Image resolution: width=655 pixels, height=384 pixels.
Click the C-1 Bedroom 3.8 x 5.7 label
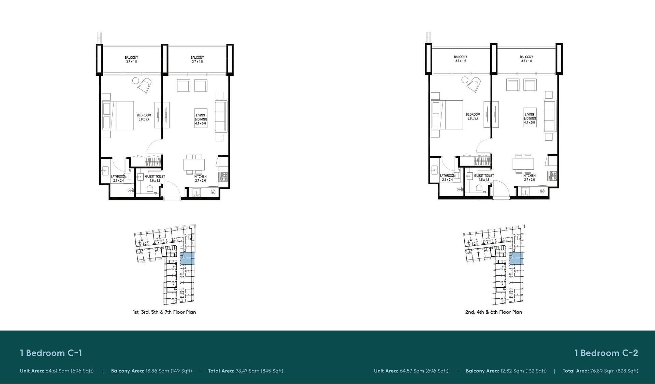[x=144, y=117]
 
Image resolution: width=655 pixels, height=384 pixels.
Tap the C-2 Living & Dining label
[x=529, y=118]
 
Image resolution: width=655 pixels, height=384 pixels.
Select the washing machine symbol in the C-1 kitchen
[x=213, y=192]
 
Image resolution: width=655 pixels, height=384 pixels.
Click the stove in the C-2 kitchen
[x=553, y=176]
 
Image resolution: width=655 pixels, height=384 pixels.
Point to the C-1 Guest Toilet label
[x=155, y=179]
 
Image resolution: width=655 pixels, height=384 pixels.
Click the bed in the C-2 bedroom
[x=447, y=115]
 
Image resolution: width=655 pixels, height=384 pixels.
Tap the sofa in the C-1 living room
[x=221, y=117]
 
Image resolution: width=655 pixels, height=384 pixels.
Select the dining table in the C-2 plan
[x=523, y=164]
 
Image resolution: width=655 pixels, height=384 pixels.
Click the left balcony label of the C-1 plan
[x=131, y=60]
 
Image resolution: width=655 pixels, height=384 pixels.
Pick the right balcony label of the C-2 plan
[x=526, y=59]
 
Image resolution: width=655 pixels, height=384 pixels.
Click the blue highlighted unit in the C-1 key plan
[x=187, y=258]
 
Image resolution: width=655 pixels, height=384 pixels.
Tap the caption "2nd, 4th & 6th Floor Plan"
[x=493, y=312]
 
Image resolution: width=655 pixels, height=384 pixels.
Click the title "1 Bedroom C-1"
[x=51, y=353]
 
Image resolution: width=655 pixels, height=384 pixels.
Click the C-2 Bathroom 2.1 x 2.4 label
[x=447, y=177]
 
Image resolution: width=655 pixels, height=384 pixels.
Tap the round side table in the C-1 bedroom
[x=135, y=81]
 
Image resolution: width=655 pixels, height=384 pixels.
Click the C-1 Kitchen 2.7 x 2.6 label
[x=201, y=179]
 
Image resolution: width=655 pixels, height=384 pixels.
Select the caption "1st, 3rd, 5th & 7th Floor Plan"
[x=164, y=312]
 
